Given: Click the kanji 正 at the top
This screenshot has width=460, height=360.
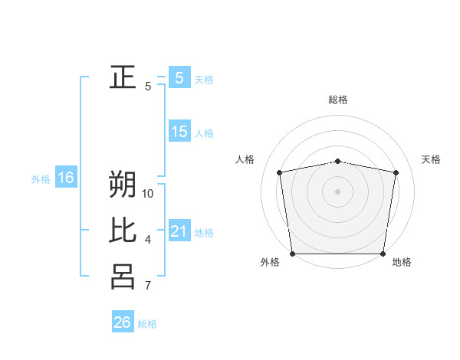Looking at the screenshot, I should (x=123, y=77).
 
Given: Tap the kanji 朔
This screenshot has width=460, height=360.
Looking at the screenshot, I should (x=123, y=185).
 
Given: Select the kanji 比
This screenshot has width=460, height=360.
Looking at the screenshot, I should (x=123, y=231).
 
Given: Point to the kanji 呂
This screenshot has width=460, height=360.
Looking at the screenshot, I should (x=123, y=277).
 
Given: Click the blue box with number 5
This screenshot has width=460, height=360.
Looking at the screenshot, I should (x=179, y=77).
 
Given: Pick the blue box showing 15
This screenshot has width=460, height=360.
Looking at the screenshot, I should (x=179, y=132).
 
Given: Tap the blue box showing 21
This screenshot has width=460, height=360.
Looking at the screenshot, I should (x=179, y=231).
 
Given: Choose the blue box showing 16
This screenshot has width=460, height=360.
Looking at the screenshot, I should (x=66, y=178).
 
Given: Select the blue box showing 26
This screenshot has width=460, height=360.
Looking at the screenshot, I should (x=123, y=322).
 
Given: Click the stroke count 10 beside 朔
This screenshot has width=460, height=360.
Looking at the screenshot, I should (x=148, y=194).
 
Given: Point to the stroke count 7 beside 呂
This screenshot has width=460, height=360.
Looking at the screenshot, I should (x=148, y=286).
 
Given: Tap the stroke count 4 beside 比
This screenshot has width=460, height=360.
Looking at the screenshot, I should (x=148, y=241).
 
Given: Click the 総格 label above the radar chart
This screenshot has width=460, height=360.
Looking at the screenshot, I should (x=338, y=100).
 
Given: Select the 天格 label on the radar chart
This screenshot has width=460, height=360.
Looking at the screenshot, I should (x=432, y=159).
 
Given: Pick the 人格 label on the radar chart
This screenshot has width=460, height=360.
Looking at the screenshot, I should (x=245, y=159).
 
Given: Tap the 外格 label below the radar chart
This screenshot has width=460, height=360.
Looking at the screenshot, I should (x=270, y=263).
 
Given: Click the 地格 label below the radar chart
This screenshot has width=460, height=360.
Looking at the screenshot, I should (x=402, y=263).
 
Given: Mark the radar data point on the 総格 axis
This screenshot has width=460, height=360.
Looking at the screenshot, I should (x=338, y=161).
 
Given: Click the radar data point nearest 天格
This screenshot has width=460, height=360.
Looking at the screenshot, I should (x=396, y=172).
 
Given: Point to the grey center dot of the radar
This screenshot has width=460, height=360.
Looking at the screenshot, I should (x=338, y=191).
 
